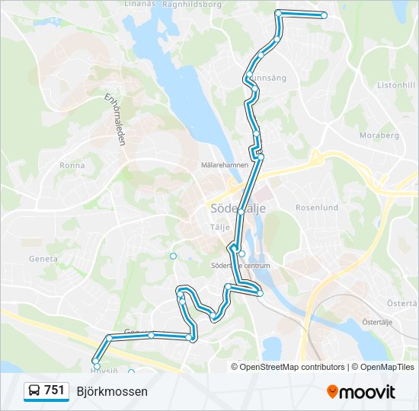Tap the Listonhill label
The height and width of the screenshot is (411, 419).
395,85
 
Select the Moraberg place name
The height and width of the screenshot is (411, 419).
379,135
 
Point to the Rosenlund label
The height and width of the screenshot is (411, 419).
316,207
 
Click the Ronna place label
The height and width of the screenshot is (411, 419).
72,164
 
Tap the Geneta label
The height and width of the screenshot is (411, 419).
43,259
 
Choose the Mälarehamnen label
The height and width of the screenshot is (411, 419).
224,164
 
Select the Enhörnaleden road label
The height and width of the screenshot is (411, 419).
115,119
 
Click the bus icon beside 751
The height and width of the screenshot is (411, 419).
35,390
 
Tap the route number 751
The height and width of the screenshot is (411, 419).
54,390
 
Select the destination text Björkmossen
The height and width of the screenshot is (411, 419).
112,391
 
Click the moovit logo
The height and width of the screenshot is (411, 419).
361,391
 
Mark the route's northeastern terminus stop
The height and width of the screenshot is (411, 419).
324,15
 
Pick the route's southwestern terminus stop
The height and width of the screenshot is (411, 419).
97,367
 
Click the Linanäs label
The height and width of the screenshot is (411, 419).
139,3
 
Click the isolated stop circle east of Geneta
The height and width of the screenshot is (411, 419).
173,256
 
